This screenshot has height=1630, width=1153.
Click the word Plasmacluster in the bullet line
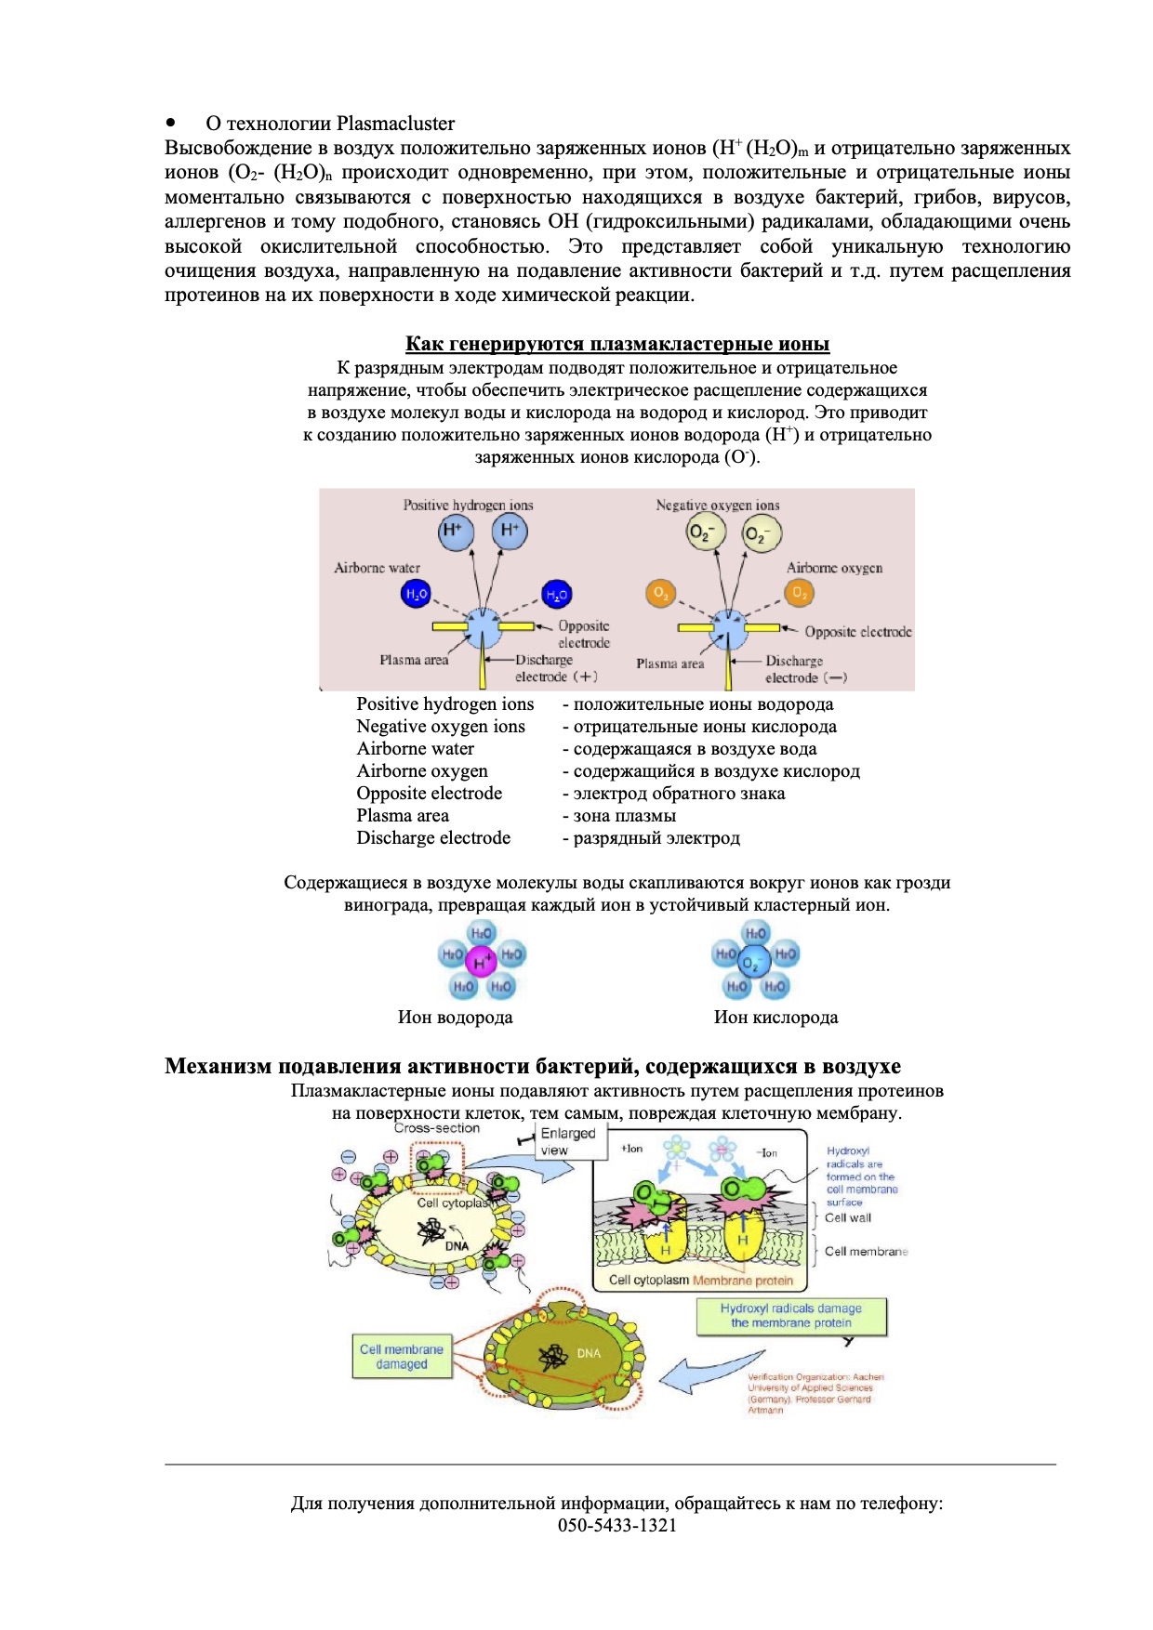coord(395,124)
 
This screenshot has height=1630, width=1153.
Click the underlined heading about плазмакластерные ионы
coord(617,344)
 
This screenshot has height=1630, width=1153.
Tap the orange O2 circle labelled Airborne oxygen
coord(799,592)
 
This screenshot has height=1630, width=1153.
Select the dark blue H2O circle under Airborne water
coord(416,594)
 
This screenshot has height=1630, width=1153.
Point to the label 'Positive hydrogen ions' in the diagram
coord(468,505)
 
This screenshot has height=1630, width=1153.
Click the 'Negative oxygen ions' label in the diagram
coord(717,505)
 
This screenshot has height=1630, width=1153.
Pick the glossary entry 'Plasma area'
coord(403,815)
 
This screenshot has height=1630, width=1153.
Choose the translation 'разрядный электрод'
coord(656,837)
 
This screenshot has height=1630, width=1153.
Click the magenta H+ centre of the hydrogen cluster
coord(481,960)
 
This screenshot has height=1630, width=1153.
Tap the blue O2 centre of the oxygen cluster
coord(754,961)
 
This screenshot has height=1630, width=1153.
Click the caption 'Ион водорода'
coord(455,1017)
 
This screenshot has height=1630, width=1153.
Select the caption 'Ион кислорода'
coord(775,1017)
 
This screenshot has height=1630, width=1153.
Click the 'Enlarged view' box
coord(568,1141)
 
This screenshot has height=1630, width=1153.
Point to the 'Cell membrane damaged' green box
coord(402,1357)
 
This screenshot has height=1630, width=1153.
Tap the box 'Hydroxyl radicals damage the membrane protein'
coord(791,1315)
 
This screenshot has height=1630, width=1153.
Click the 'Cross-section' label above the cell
coord(436,1128)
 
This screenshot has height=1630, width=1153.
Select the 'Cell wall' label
coord(848,1217)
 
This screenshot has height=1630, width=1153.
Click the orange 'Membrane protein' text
coord(742,1280)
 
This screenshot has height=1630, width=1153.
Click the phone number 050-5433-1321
coord(617,1525)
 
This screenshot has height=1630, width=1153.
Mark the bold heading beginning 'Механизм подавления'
coord(532,1066)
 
